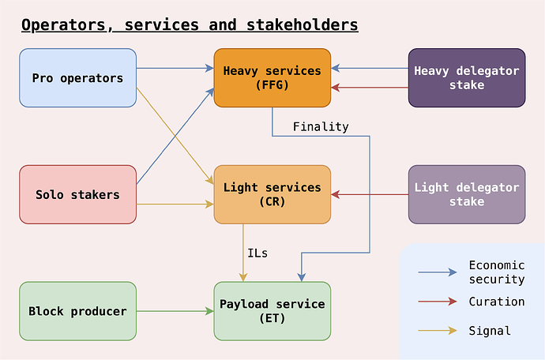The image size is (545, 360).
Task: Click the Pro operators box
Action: (77, 78)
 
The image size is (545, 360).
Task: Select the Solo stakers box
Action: (77, 194)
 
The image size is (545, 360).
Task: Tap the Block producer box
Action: (77, 311)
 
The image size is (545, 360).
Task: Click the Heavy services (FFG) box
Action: (272, 77)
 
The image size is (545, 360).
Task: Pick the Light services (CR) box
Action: (272, 194)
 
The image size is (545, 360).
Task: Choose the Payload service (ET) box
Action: (272, 311)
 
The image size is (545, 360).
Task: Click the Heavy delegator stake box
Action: (466, 77)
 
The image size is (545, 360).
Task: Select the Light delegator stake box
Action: (466, 194)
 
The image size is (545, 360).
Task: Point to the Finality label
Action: (320, 126)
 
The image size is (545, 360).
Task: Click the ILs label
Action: (257, 253)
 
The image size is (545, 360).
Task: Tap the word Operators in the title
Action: (63, 25)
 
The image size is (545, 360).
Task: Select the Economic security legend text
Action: (496, 272)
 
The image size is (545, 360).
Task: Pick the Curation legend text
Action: (496, 302)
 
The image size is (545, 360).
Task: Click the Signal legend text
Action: (490, 331)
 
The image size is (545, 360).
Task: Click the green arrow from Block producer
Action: (175, 311)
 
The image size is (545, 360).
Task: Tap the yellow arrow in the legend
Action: (438, 331)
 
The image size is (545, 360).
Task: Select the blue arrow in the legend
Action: (438, 272)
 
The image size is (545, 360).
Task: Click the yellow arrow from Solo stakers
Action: (175, 204)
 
